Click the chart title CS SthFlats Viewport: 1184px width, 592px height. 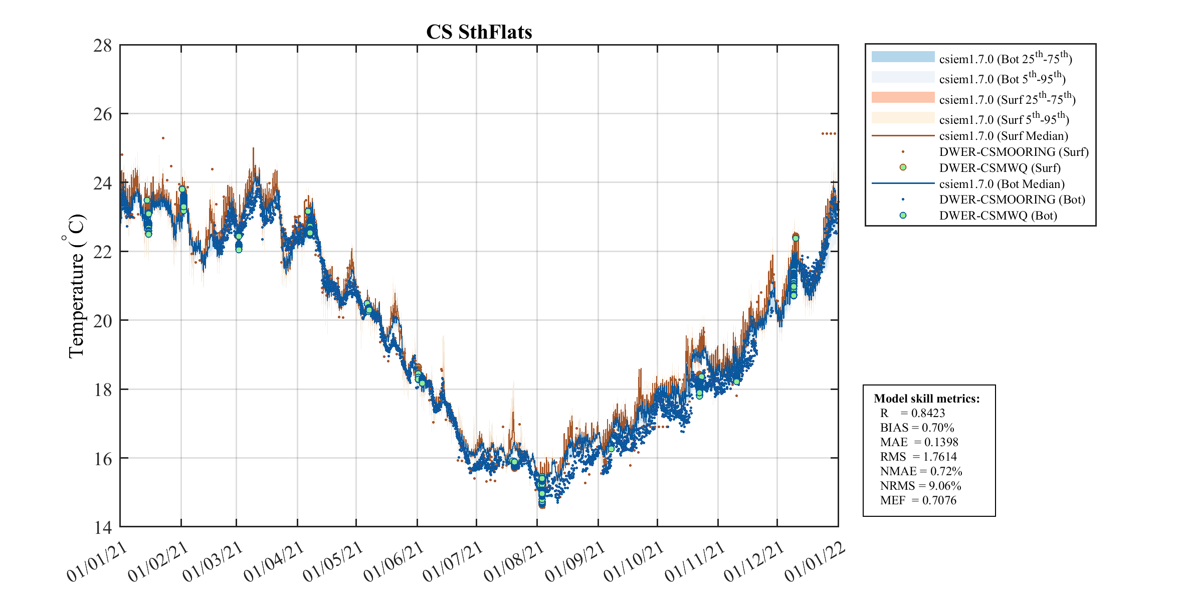(x=479, y=32)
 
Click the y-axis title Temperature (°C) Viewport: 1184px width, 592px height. (x=76, y=286)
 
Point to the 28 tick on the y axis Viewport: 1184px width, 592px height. (x=103, y=46)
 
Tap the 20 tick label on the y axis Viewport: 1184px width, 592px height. (x=103, y=320)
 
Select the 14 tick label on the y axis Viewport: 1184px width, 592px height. (x=103, y=527)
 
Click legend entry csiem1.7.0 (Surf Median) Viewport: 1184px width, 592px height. (x=1004, y=136)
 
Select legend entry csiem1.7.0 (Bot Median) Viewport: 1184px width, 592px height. (x=1002, y=184)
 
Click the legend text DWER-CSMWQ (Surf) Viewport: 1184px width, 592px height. (x=1000, y=167)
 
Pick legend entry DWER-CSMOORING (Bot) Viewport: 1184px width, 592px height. (x=1012, y=200)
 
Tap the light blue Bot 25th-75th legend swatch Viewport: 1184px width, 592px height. (x=903, y=57)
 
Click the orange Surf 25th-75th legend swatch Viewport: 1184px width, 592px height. (x=903, y=97)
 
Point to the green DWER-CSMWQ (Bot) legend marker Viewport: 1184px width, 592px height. (x=903, y=216)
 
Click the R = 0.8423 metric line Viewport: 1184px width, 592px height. (x=912, y=413)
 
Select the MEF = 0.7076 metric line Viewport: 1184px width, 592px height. (x=918, y=500)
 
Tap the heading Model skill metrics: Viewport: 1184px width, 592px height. (x=926, y=399)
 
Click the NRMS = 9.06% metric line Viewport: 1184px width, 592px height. (x=920, y=486)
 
